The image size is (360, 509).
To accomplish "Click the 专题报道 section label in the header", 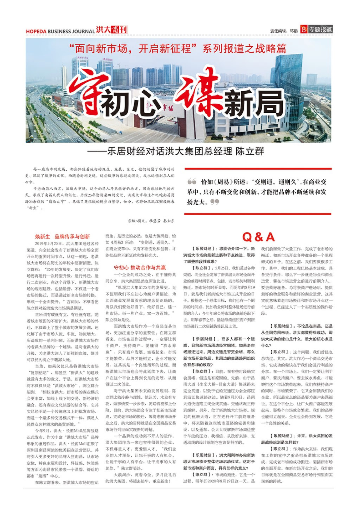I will [320, 30].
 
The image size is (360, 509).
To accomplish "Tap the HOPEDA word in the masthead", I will [36, 31].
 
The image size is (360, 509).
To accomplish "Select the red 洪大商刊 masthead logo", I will [112, 30].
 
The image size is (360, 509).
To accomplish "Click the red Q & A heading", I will [258, 237].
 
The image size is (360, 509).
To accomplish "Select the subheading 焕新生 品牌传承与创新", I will [62, 236].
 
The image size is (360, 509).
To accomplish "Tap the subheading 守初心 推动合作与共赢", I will [140, 267].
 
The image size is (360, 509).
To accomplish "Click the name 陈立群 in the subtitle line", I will [250, 151].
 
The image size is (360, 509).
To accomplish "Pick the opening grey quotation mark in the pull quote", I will [192, 182].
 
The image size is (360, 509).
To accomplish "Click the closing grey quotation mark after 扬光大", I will [214, 202].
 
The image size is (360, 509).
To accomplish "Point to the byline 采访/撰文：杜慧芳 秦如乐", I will [151, 221].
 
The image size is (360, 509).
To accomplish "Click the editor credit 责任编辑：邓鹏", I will [284, 31].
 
